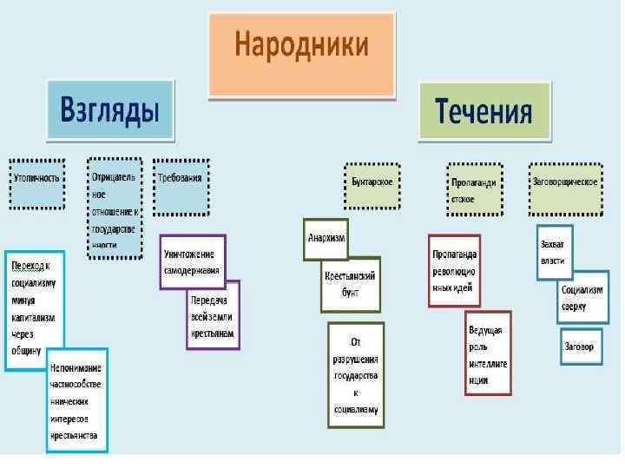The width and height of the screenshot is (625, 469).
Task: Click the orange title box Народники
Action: (x=301, y=54)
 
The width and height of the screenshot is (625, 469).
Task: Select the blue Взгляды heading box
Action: (x=109, y=110)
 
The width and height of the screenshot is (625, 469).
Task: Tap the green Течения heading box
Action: (x=484, y=111)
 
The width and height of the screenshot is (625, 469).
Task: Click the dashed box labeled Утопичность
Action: (x=36, y=183)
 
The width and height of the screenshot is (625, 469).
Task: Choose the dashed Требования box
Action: (x=181, y=185)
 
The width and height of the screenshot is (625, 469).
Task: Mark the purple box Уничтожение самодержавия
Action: (x=192, y=261)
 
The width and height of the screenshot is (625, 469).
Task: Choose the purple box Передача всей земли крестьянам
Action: (x=214, y=314)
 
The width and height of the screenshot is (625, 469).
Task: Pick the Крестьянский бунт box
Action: (x=350, y=284)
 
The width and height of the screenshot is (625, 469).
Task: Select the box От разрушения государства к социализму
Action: (x=355, y=375)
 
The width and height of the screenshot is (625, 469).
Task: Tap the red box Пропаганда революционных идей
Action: (x=453, y=270)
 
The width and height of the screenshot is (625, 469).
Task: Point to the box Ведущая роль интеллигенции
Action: (x=488, y=353)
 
